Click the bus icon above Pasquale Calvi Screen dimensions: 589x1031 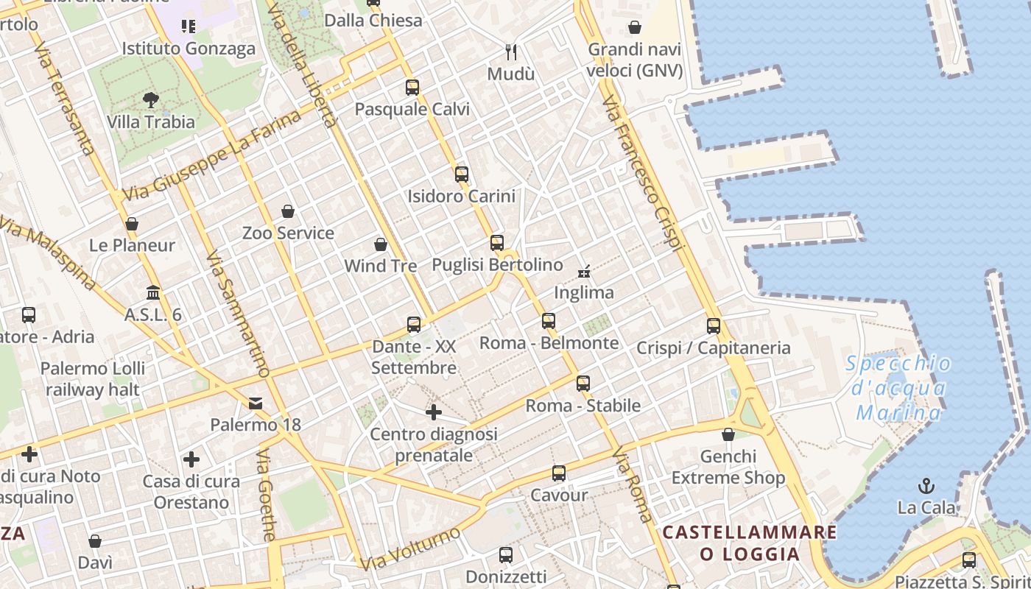coord(412,88)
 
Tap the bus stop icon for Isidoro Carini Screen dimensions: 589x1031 coord(462,174)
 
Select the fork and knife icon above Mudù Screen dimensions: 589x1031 coord(511,52)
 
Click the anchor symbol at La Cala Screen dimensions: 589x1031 coord(926,485)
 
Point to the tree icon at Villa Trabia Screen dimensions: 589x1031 coord(151,100)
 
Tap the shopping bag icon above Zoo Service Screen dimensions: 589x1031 coord(288,211)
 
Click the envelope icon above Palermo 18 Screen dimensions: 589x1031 coord(256,403)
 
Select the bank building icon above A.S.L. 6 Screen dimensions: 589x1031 coord(153,293)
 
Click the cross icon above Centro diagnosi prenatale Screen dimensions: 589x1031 coord(434,412)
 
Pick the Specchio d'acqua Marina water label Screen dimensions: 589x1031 coord(898,388)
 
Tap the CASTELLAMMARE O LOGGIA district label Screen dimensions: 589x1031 coord(750,543)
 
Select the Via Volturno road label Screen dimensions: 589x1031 coord(410,549)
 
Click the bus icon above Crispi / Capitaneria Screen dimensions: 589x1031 coord(713,325)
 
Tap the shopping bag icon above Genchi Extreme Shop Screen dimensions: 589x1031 coord(728,434)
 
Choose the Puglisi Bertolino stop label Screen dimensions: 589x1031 coord(497,264)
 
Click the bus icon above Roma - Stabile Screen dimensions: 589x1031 coord(583,383)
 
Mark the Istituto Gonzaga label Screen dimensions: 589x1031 coord(189,49)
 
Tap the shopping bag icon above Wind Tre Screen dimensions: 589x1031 coord(381,244)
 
